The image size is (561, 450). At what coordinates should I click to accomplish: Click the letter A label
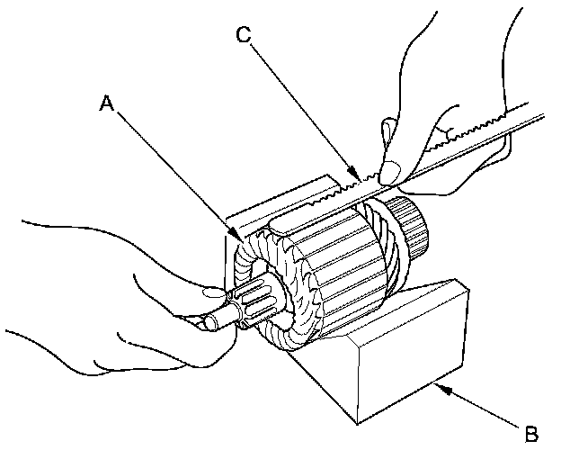[106, 104]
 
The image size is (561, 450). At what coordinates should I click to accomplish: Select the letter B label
[530, 433]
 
